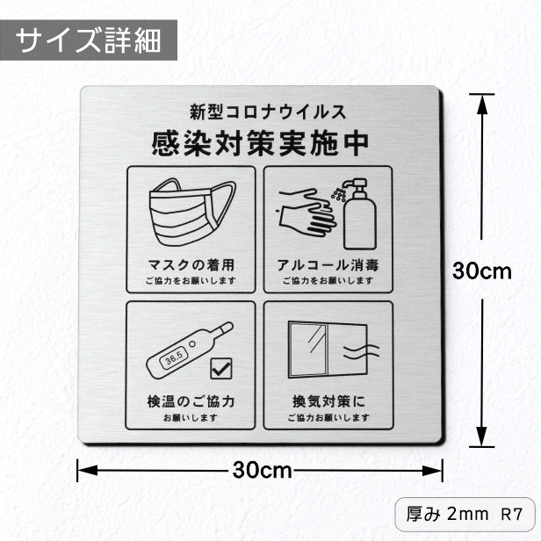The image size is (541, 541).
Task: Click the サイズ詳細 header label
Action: (89, 40)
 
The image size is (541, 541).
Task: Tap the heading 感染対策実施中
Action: (260, 141)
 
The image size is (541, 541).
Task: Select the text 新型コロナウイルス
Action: (260, 112)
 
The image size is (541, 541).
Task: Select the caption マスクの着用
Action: (191, 263)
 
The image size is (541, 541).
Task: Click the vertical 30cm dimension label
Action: (482, 271)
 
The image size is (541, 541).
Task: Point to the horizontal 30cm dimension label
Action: (261, 470)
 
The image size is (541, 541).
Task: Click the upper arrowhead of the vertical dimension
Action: (482, 104)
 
